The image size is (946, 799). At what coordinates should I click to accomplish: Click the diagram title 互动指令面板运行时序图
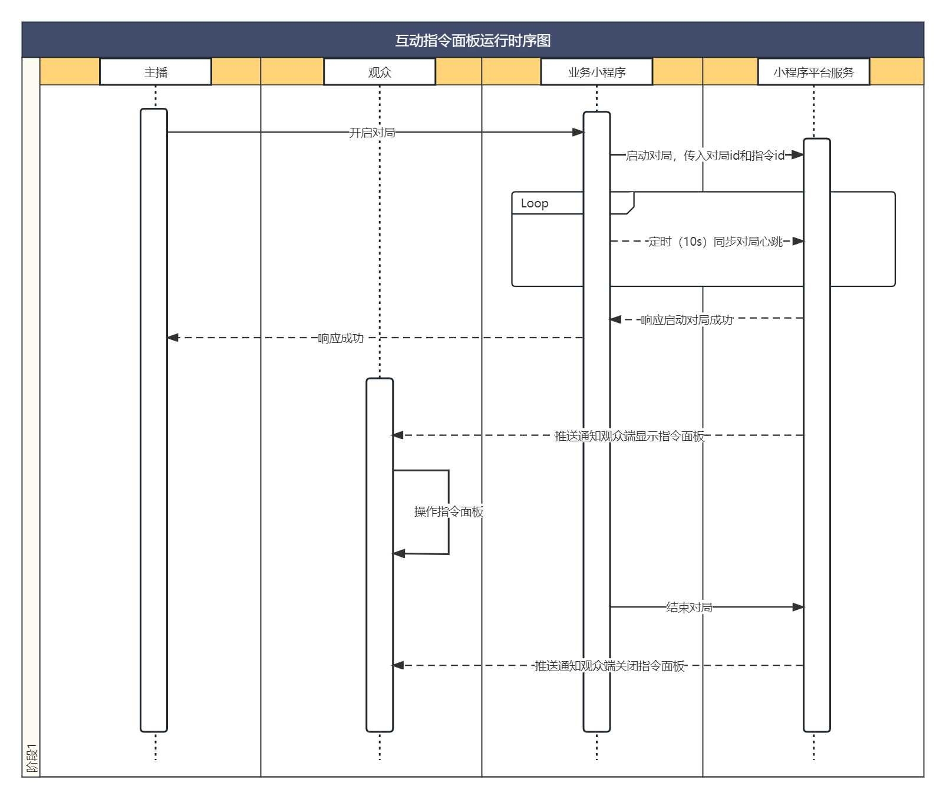pyautogui.click(x=473, y=41)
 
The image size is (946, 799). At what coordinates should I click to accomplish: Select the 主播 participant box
pyautogui.click(x=156, y=72)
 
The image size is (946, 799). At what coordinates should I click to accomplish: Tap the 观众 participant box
pyautogui.click(x=380, y=72)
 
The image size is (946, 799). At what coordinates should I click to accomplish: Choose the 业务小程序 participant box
pyautogui.click(x=596, y=72)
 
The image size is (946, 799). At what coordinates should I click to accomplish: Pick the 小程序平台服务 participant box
pyautogui.click(x=813, y=72)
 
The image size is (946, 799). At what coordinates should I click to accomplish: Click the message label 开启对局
pyautogui.click(x=372, y=133)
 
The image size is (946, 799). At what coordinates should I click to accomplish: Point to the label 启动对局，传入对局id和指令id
pyautogui.click(x=705, y=156)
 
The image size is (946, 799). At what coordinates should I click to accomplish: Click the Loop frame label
pyautogui.click(x=535, y=203)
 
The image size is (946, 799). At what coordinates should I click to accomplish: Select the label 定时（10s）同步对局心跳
pyautogui.click(x=716, y=242)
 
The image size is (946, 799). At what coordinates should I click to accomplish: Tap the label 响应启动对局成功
pyautogui.click(x=687, y=320)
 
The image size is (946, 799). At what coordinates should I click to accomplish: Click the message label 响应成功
pyautogui.click(x=341, y=338)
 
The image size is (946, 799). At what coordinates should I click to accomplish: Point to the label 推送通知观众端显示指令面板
pyautogui.click(x=629, y=436)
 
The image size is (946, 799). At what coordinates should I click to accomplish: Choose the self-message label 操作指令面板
pyautogui.click(x=449, y=511)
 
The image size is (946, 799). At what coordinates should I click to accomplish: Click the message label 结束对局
pyautogui.click(x=689, y=607)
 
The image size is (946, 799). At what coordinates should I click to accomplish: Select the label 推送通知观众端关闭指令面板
pyautogui.click(x=609, y=666)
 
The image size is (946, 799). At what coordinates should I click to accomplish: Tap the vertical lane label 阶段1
pyautogui.click(x=31, y=758)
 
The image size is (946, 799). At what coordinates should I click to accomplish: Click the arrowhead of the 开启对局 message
pyautogui.click(x=578, y=132)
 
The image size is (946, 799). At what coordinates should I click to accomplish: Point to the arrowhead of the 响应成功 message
pyautogui.click(x=173, y=338)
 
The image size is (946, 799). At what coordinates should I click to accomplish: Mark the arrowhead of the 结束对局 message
pyautogui.click(x=798, y=607)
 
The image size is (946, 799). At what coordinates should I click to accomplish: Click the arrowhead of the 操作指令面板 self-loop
pyautogui.click(x=399, y=553)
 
